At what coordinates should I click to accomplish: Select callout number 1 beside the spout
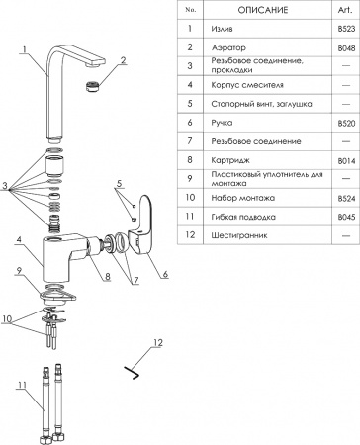(x=21, y=48)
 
